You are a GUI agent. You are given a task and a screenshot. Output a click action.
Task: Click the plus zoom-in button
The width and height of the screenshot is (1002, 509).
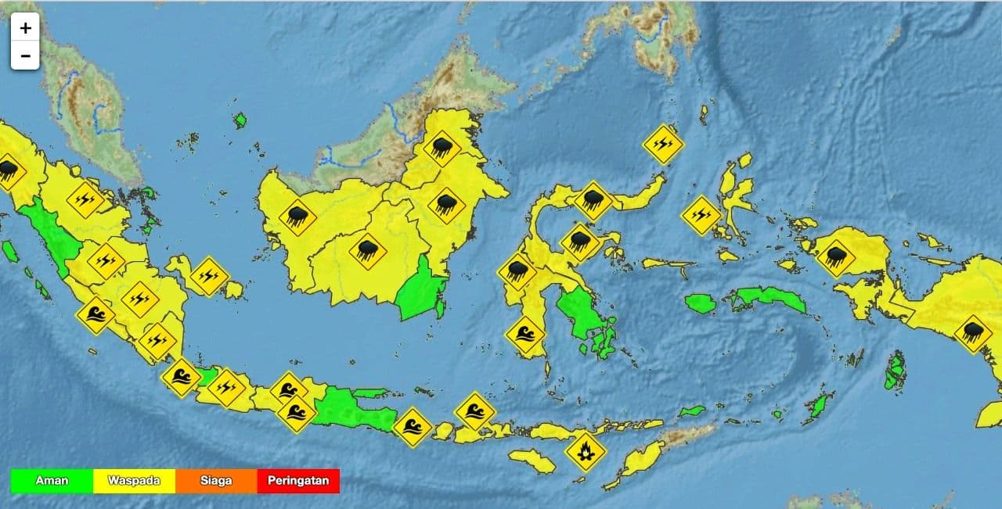click(x=25, y=28)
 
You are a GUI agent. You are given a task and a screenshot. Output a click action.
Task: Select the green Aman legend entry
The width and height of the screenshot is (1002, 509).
click(x=52, y=481)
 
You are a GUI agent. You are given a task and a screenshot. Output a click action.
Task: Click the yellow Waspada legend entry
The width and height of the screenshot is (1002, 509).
click(x=134, y=481)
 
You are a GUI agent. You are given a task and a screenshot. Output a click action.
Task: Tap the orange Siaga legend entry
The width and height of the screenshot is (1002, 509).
click(x=216, y=481)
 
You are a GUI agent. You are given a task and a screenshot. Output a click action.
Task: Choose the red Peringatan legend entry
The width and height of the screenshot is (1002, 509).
click(x=298, y=481)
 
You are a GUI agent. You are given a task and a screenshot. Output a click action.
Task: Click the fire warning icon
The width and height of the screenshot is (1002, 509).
click(x=585, y=451)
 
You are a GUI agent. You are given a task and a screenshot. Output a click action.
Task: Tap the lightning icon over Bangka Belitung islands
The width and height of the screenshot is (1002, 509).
click(x=208, y=276)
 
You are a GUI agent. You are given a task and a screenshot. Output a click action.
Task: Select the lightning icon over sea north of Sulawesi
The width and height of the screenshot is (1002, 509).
click(x=663, y=144)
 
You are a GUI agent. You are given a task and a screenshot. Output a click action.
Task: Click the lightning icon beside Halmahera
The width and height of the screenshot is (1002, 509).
click(x=701, y=215)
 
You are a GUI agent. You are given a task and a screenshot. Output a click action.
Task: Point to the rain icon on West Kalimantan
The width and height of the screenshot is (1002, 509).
click(x=297, y=217)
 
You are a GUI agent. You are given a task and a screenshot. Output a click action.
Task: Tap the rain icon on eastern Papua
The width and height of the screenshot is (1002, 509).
click(x=973, y=334)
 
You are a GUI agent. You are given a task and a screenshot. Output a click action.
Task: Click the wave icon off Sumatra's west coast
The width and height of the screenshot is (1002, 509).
click(x=96, y=316)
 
